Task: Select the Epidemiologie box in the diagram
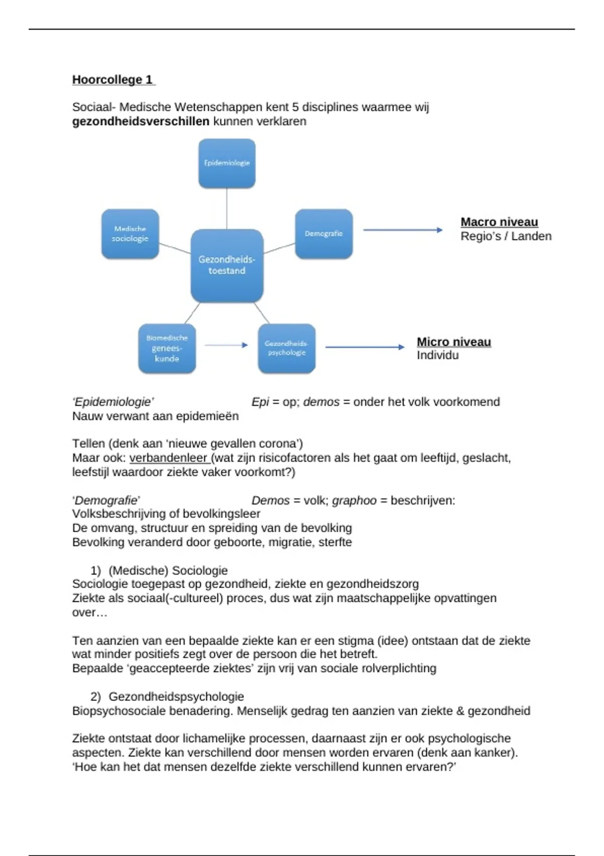click(x=227, y=163)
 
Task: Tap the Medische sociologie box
click(x=130, y=234)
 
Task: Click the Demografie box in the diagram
click(x=324, y=234)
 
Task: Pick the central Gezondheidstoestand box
click(x=227, y=265)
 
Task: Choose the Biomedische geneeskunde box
click(x=167, y=348)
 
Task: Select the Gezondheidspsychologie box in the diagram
click(x=287, y=348)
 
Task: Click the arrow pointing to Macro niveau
click(x=402, y=230)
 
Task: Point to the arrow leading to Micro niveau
click(x=364, y=347)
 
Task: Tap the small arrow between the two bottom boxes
click(x=226, y=345)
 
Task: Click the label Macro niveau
click(x=499, y=222)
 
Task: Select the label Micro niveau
click(x=454, y=342)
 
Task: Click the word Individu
click(x=437, y=355)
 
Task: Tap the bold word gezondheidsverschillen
click(x=141, y=121)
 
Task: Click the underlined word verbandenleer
click(x=168, y=458)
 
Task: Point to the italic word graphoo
click(x=354, y=501)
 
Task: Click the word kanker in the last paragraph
click(x=491, y=753)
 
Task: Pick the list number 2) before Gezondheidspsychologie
click(x=96, y=697)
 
